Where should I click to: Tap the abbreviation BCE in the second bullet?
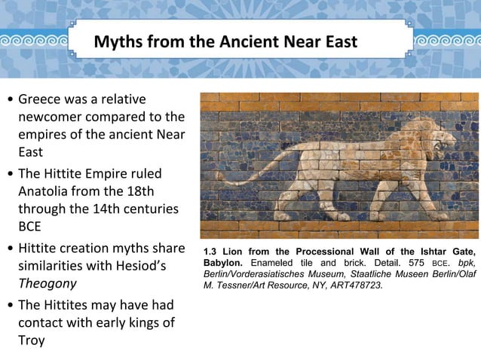coord(31,227)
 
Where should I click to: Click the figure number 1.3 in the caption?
coord(212,252)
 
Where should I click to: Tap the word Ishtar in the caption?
coord(431,252)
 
